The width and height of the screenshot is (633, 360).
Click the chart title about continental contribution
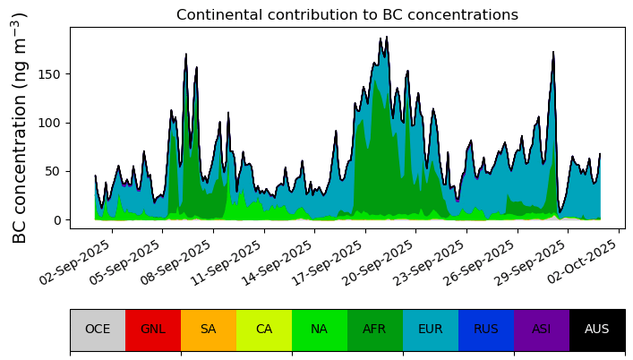[346, 15]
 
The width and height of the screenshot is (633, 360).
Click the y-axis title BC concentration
[20, 127]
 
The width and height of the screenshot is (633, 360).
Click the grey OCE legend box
[98, 330]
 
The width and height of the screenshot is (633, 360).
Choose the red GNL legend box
[153, 330]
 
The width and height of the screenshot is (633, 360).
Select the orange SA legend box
[209, 330]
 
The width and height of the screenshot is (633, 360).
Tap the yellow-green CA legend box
[264, 330]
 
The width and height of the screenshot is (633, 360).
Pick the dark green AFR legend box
[375, 330]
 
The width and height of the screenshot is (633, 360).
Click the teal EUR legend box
[431, 330]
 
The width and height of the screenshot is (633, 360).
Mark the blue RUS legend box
[486, 330]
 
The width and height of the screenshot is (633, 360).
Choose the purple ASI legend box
[542, 330]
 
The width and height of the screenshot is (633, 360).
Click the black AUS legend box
[597, 330]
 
